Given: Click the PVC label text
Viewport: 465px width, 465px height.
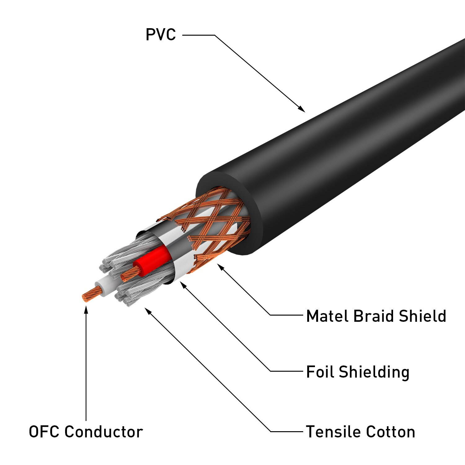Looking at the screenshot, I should point(161,34).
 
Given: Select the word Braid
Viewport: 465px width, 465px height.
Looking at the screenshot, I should point(374,316).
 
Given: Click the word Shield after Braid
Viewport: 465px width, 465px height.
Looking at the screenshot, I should point(422,316).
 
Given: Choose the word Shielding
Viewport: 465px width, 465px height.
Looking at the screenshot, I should point(374,372).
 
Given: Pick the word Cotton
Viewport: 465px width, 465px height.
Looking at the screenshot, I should point(390,432).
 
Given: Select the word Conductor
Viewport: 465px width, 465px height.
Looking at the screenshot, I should point(104,432).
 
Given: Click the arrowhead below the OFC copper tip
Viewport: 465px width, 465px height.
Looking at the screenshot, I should point(86,309).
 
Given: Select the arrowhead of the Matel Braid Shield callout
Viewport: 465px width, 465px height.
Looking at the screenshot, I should point(221,267).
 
